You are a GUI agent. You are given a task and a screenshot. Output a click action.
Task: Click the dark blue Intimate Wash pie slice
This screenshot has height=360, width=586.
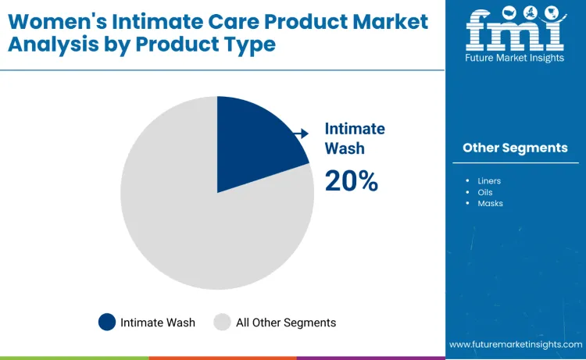point(254,144)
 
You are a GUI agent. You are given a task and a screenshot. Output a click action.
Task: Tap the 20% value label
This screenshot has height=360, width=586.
point(352,181)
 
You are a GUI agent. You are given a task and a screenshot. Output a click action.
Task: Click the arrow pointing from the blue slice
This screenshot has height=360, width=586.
point(301,134)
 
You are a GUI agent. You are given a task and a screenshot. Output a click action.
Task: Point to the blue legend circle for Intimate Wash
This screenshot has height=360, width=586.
point(107,323)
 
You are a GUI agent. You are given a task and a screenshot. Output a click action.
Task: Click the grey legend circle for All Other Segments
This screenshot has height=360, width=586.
point(223,323)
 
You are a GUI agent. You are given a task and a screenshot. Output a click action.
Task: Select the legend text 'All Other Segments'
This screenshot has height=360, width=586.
point(286,323)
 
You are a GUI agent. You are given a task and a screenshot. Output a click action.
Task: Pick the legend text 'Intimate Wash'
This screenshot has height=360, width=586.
point(158,323)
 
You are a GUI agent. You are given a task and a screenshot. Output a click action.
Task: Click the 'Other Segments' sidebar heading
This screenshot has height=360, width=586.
point(515,148)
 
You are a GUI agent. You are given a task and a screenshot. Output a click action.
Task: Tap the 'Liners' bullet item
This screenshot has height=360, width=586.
point(489,181)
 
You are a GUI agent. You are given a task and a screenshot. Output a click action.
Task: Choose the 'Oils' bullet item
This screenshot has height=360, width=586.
point(484,192)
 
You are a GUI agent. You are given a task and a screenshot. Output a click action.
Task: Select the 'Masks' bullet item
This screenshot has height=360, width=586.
point(490,203)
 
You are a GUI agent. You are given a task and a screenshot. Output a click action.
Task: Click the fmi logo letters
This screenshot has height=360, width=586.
point(514,31)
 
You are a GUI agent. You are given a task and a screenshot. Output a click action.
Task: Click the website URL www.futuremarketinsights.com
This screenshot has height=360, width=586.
point(516,344)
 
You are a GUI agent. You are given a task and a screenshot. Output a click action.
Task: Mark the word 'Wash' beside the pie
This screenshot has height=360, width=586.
point(345,148)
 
